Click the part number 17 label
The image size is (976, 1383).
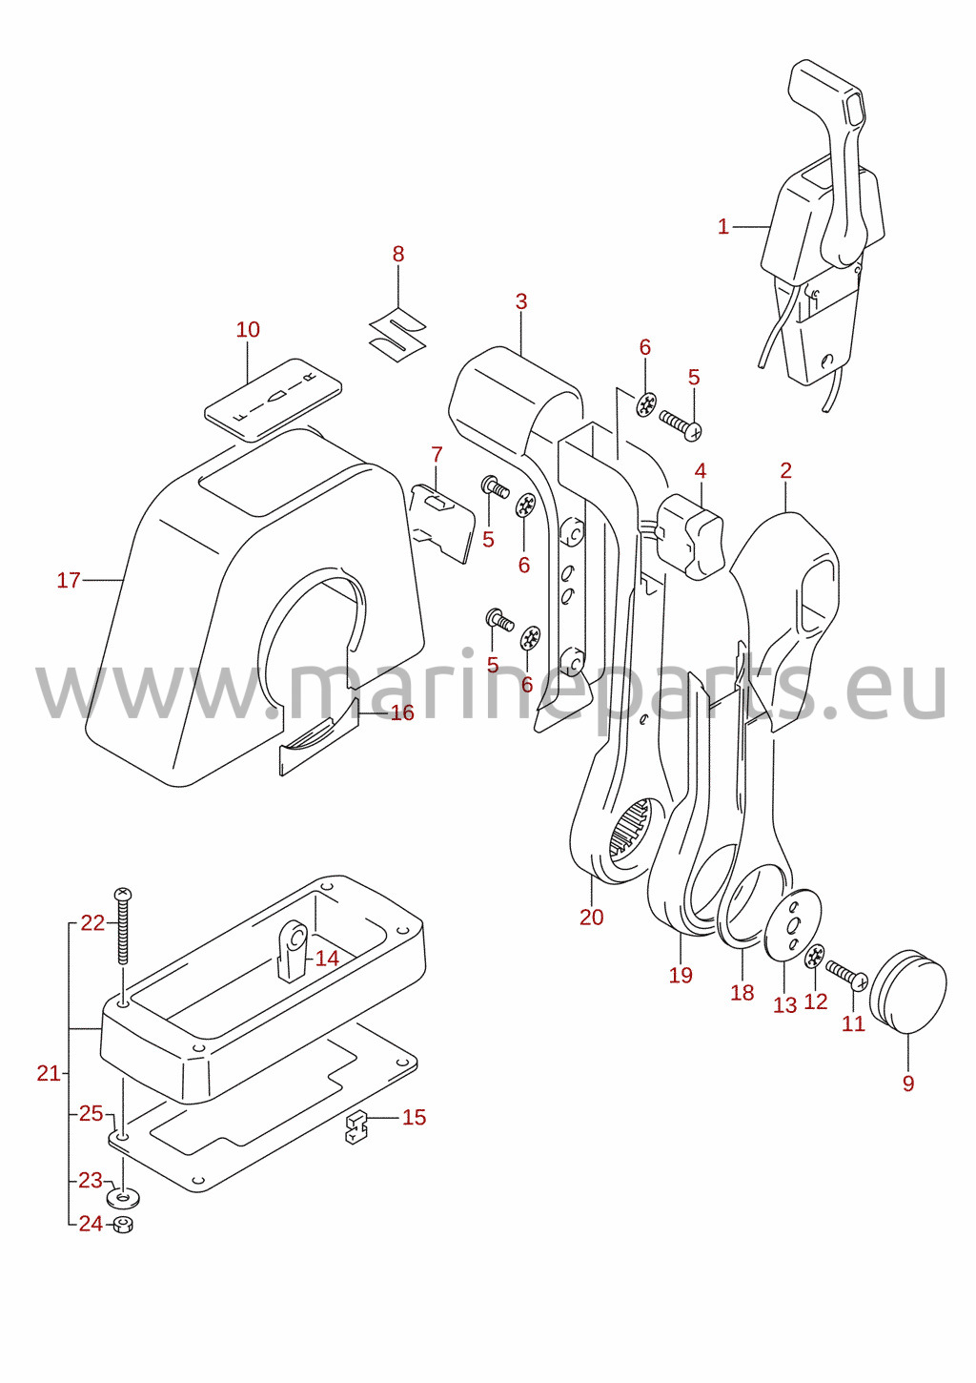point(69,580)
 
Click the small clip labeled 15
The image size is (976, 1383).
point(356,1126)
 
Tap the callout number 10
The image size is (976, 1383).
point(248,330)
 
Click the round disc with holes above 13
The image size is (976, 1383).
point(793,924)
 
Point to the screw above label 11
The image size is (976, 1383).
point(847,973)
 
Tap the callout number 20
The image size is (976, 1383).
point(591,918)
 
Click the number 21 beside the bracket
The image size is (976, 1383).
point(49,1074)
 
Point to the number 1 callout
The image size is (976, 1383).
point(723,227)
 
